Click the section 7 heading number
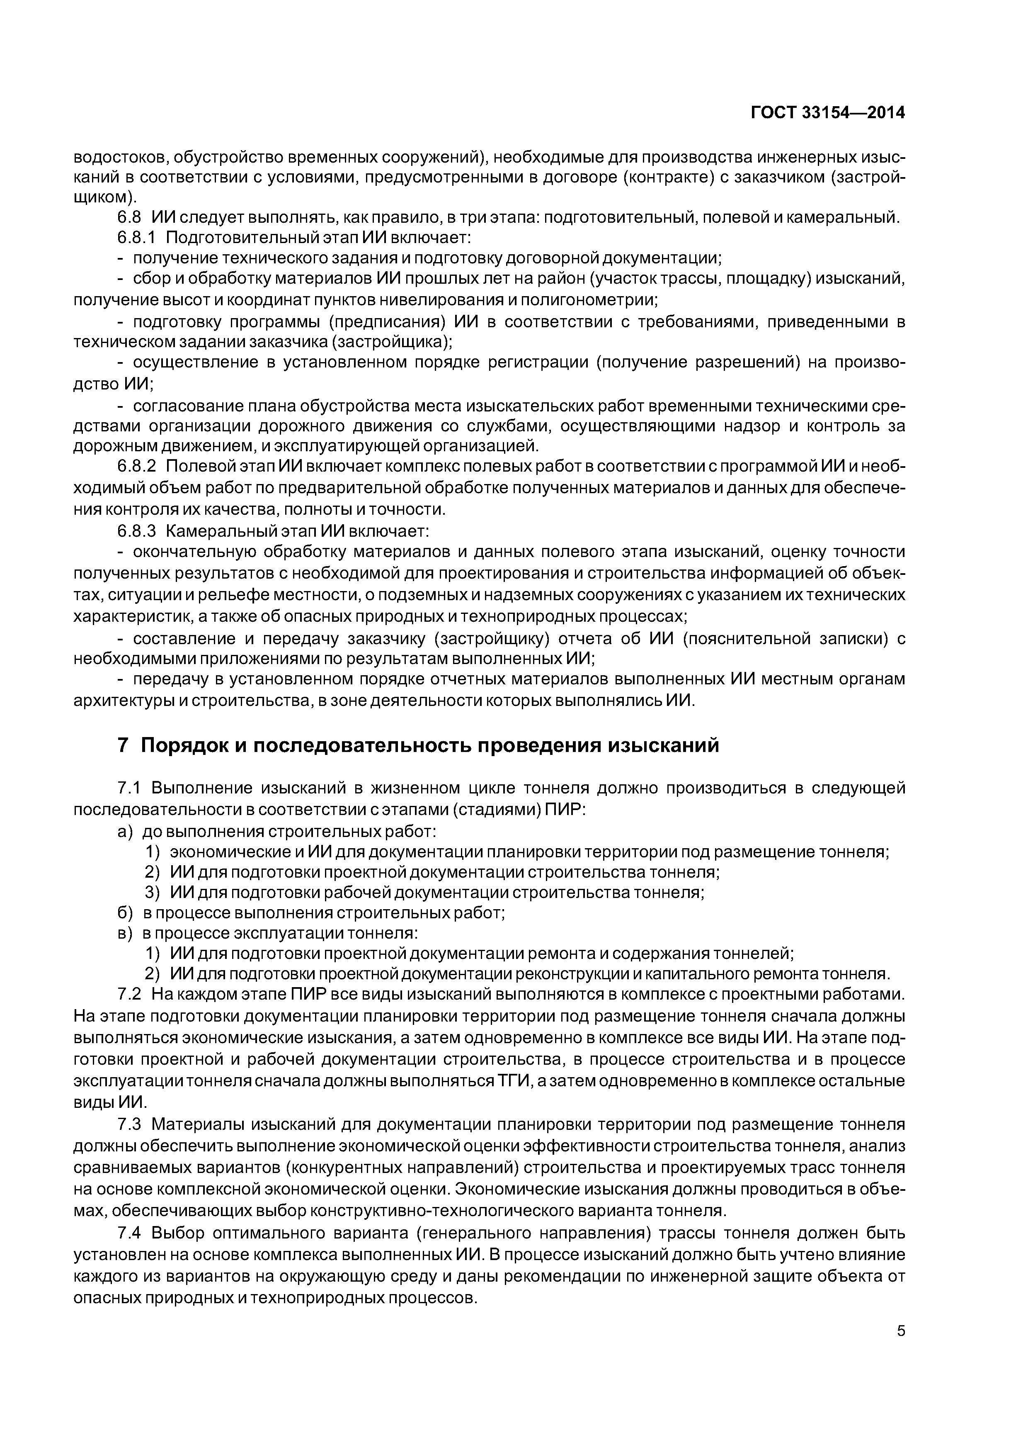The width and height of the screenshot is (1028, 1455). pyautogui.click(x=124, y=746)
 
